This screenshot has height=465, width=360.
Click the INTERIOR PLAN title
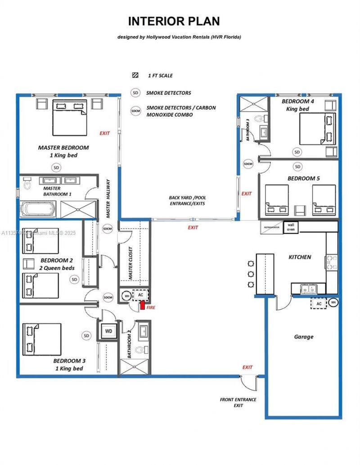pos(174,21)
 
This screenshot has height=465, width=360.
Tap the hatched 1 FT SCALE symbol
pos(135,76)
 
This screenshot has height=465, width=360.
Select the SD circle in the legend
pos(135,93)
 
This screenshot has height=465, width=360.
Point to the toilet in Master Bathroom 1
pos(27,184)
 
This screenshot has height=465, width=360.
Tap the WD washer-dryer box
pos(108,331)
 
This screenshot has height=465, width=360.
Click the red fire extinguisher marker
pos(142,306)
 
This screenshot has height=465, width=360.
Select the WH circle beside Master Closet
pos(126,295)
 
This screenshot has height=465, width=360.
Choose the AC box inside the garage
pos(319,303)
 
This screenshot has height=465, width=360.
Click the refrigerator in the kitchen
pos(271,227)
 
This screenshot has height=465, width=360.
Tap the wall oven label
pos(291,226)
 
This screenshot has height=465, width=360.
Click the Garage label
pos(304,337)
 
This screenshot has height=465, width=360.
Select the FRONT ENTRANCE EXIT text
pos(238,402)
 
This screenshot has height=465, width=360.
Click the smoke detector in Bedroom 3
pos(87,336)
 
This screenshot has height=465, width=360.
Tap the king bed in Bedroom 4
pos(318,128)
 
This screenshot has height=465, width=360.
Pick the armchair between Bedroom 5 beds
pos(299,210)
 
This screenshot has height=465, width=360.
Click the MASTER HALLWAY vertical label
pos(108,199)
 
